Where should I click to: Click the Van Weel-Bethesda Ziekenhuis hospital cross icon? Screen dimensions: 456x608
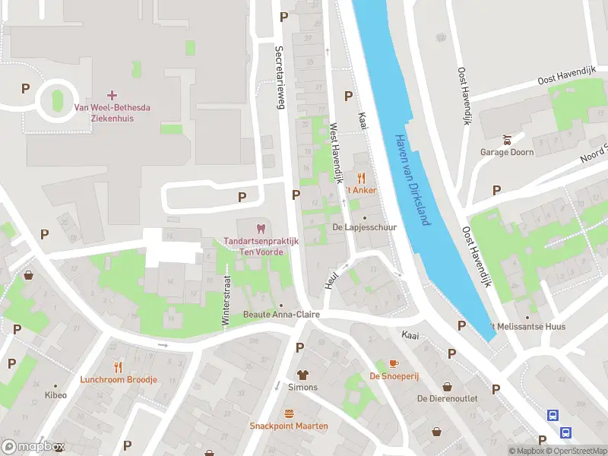(112, 95)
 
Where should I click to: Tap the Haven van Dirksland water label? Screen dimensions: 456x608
(412, 180)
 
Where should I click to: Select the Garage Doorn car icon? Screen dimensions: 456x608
(506, 139)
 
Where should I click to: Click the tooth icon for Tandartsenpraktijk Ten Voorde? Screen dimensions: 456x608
(260, 228)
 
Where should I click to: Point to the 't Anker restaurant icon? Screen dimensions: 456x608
(362, 178)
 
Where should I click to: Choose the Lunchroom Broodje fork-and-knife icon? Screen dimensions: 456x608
(118, 366)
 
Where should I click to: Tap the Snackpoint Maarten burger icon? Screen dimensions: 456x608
(289, 413)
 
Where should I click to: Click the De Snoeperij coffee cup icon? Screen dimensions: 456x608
(394, 363)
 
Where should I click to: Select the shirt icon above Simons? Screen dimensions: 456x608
(302, 375)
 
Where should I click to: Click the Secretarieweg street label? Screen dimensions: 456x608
(279, 76)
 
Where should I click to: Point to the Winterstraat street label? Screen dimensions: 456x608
(225, 301)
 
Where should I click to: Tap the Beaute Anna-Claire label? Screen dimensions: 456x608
(280, 315)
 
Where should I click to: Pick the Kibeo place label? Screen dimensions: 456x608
(55, 395)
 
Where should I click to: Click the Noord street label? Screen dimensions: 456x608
(593, 154)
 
